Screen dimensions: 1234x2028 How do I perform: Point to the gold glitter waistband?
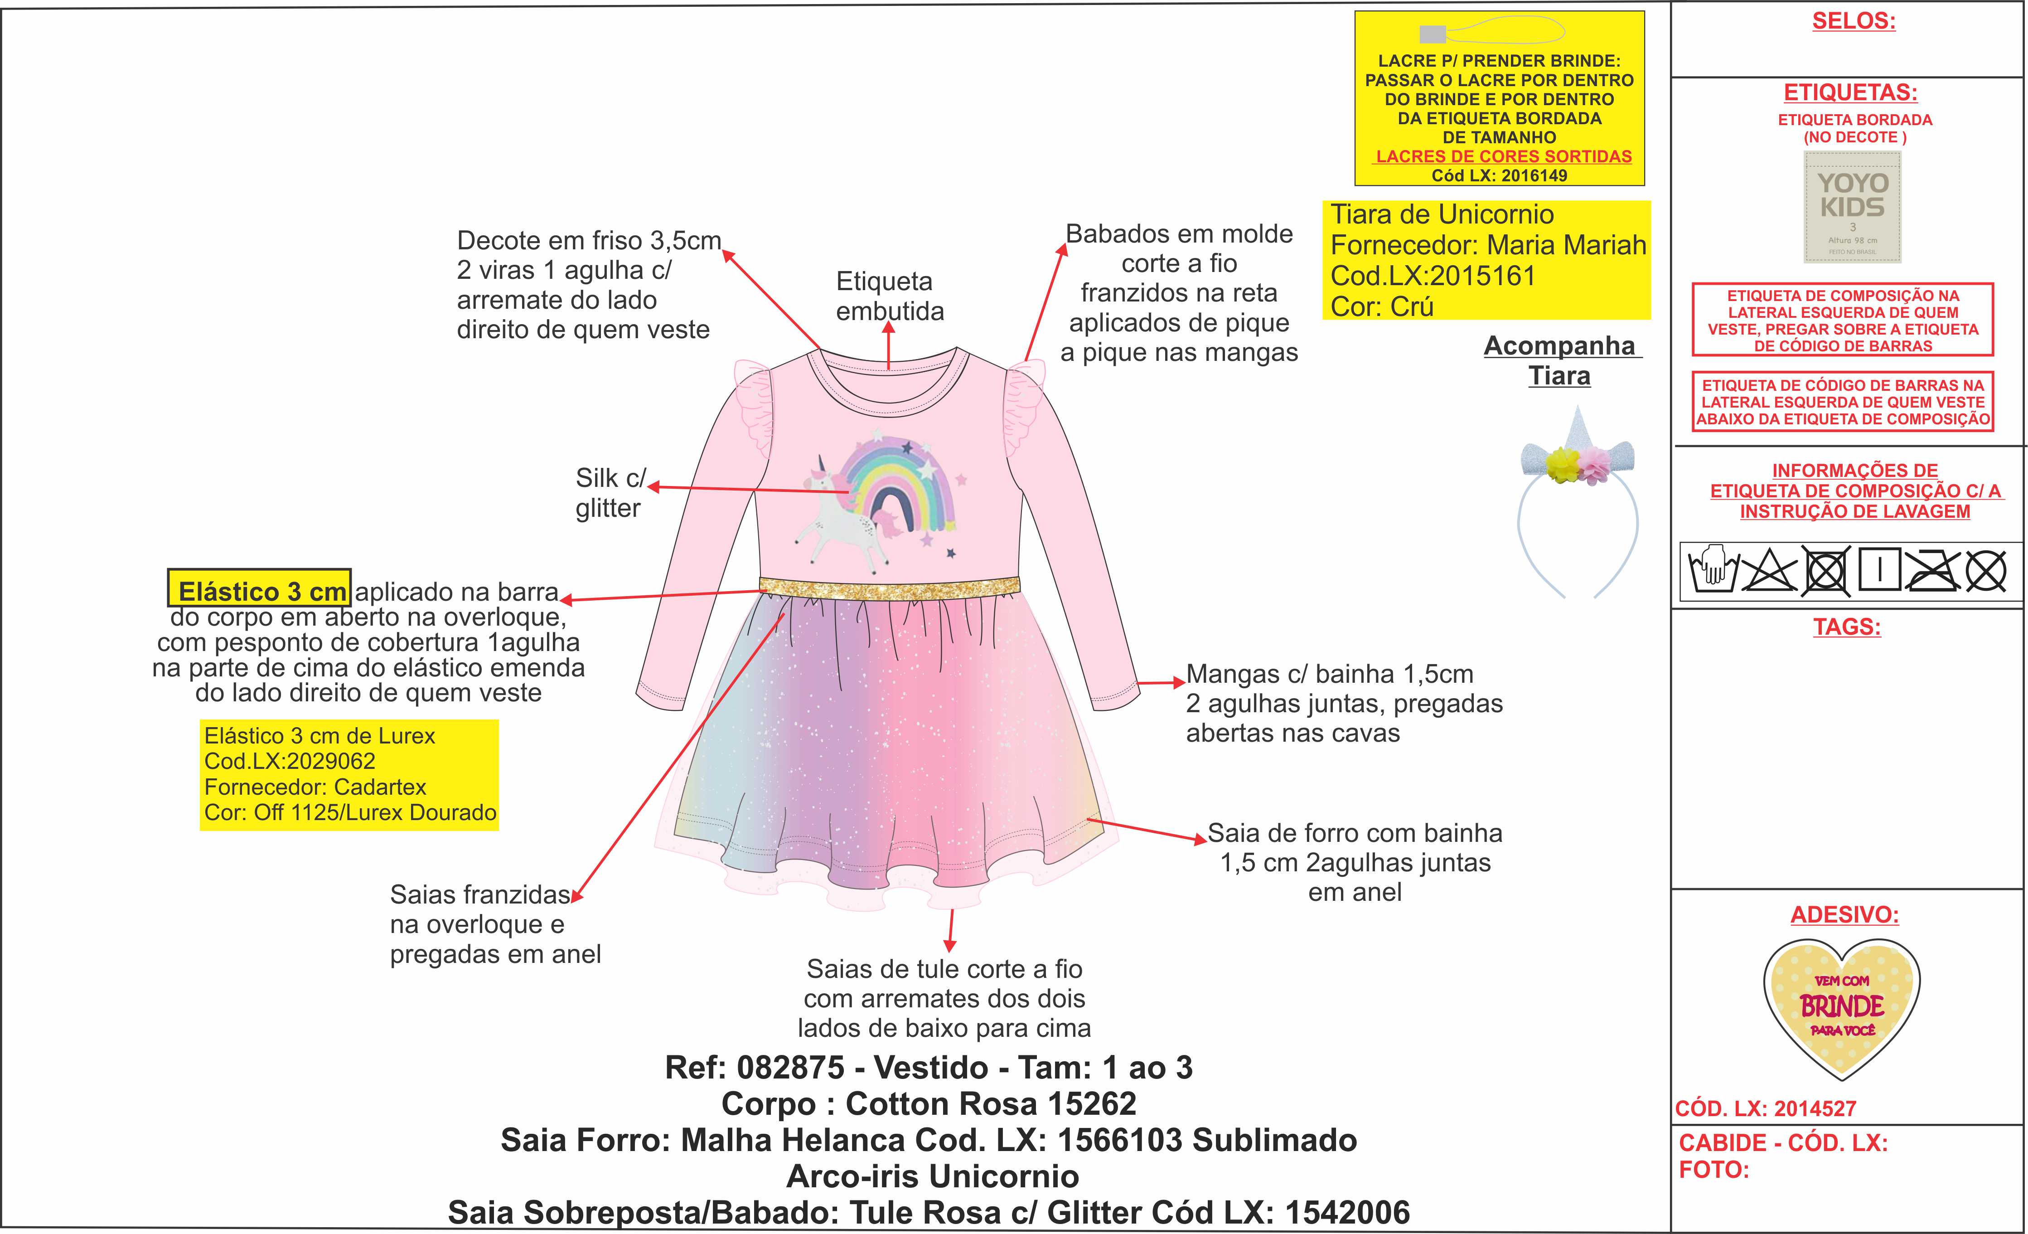point(889,586)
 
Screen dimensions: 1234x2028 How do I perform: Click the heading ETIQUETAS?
point(1850,92)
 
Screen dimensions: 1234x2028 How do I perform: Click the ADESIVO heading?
point(1844,914)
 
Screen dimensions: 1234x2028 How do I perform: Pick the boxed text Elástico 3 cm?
point(260,590)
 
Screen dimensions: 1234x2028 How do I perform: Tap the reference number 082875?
point(790,1068)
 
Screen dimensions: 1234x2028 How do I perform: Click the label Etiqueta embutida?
point(889,296)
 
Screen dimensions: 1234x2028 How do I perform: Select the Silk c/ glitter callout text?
point(609,493)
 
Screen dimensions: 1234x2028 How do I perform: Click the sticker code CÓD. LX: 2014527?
point(1766,1109)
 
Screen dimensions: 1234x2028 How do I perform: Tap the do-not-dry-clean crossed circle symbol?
point(1986,570)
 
